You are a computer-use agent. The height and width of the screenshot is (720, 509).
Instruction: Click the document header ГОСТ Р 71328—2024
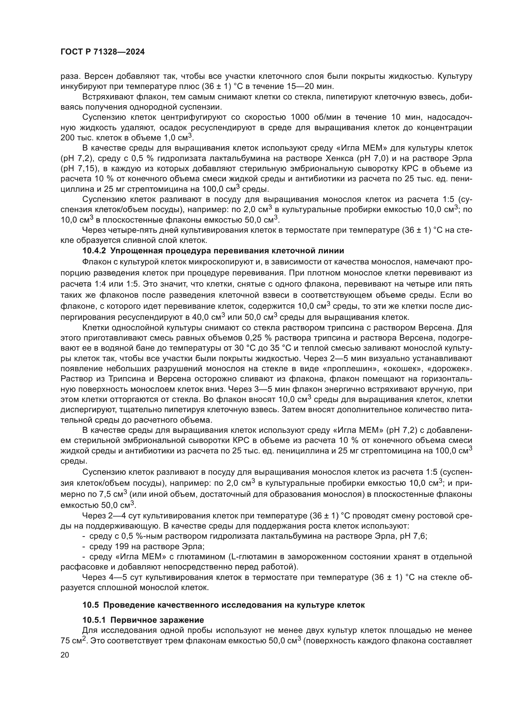pyautogui.click(x=102, y=52)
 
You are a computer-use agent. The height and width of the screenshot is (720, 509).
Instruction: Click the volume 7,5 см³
pyautogui.click(x=113, y=495)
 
